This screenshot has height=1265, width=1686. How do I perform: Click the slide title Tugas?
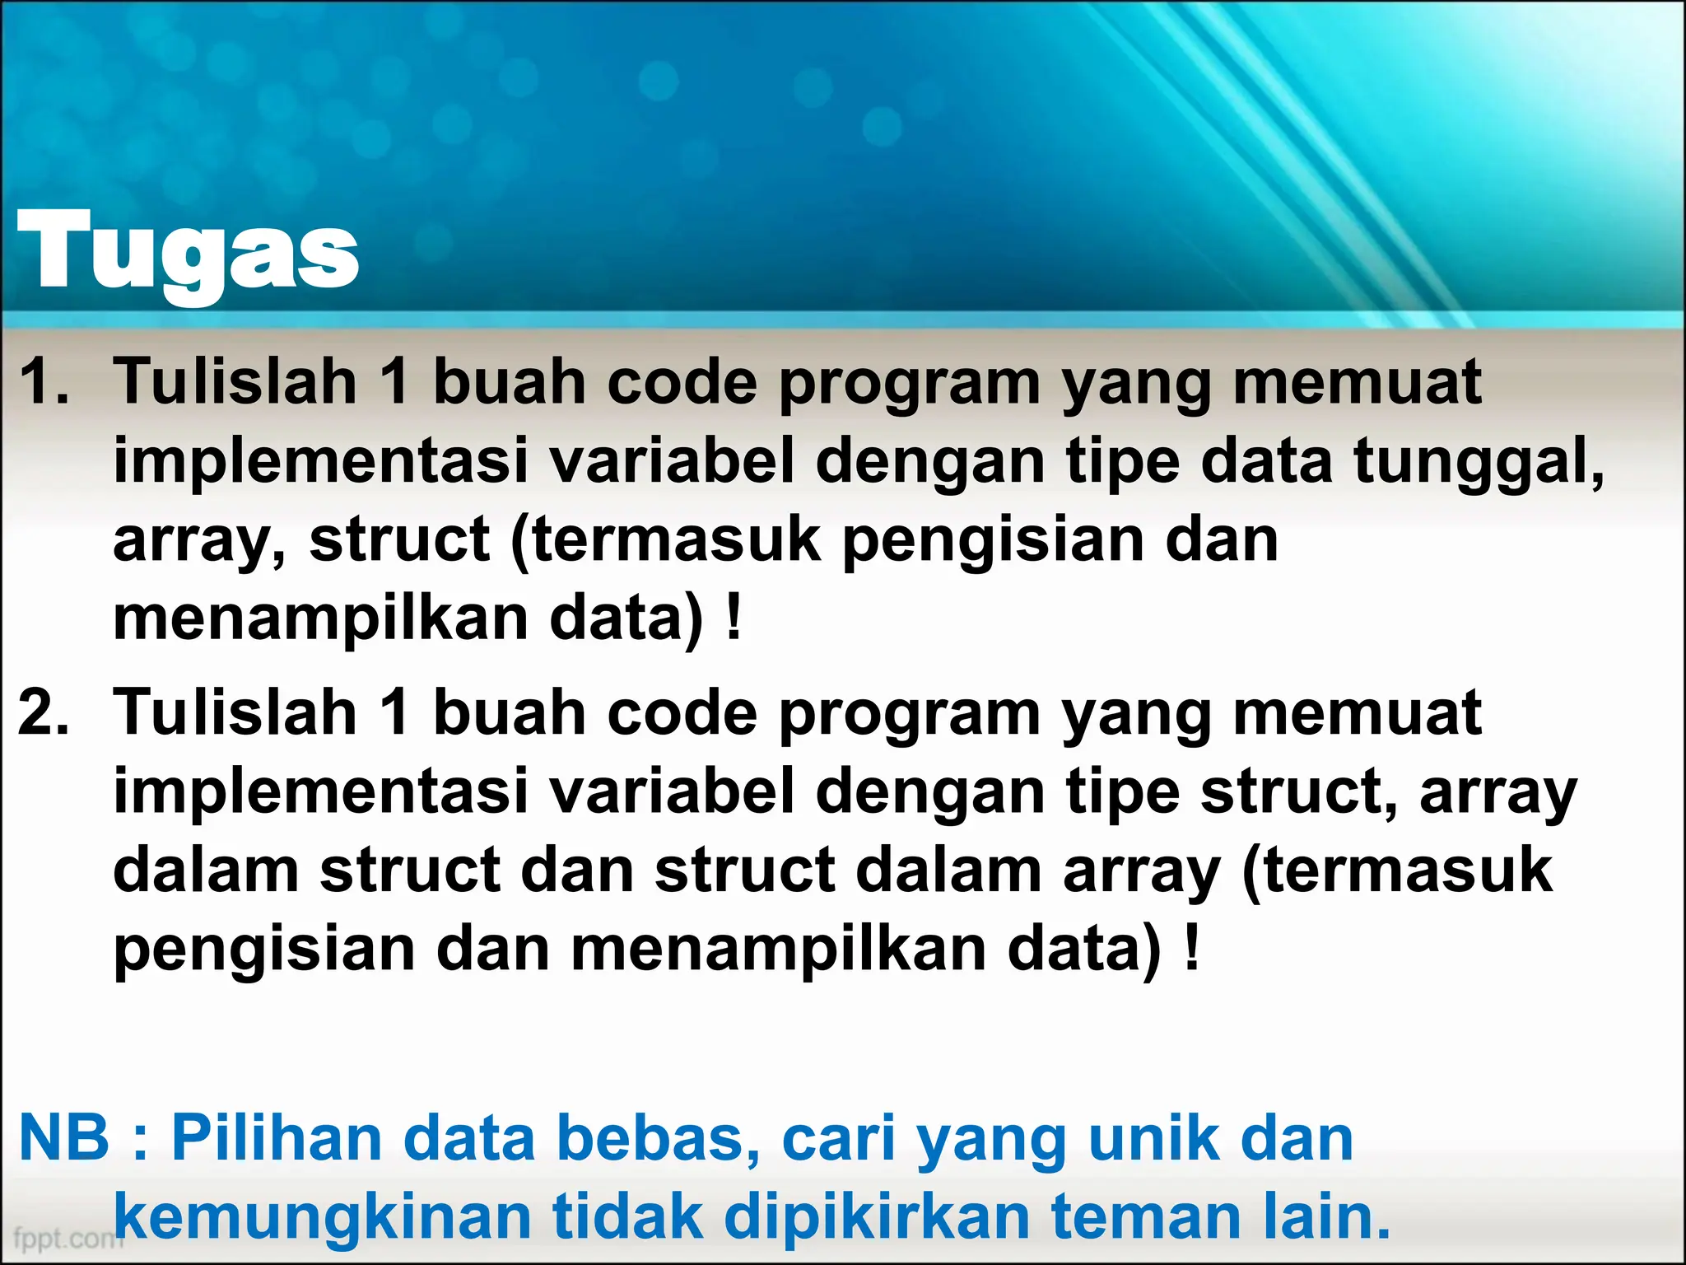(x=188, y=252)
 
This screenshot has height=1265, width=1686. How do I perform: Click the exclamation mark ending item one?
(x=734, y=618)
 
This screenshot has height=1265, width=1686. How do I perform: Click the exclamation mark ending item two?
(x=1191, y=950)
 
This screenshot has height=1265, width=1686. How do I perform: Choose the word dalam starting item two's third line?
(x=206, y=870)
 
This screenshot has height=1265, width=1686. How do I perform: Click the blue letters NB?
(x=64, y=1138)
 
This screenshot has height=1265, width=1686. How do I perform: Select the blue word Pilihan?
(x=277, y=1138)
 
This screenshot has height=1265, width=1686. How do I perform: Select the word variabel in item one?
(x=672, y=461)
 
